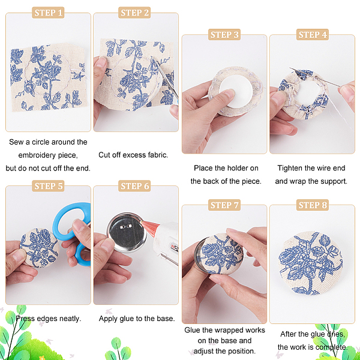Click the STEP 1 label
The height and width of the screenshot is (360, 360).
48,13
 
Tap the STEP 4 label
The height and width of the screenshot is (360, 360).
313,35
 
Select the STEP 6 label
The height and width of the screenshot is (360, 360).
134,186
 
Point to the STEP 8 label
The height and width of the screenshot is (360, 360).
313,205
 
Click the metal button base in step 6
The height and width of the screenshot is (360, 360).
127,232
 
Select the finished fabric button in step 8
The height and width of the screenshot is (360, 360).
310,263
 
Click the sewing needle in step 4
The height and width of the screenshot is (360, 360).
314,77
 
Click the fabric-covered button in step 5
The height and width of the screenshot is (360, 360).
39,248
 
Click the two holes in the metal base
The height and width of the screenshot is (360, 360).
125,227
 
